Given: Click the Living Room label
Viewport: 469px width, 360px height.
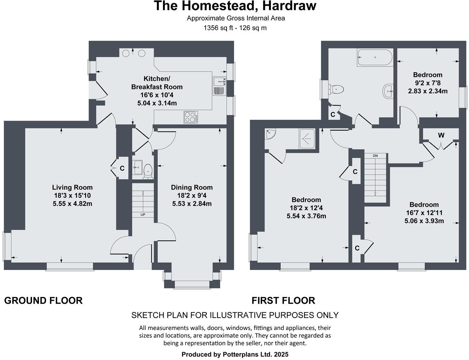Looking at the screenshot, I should coord(72,187).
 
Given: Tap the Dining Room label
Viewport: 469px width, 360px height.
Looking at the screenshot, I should coord(192,187).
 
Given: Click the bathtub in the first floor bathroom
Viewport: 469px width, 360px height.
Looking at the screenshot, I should coord(375,58).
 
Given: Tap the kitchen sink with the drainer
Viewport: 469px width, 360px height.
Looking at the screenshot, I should coord(219,86).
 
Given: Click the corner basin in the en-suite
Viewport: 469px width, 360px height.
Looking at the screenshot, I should coord(271,134).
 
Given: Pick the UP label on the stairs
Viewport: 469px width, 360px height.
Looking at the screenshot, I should coord(143,215).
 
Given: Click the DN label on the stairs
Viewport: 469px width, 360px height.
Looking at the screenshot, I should coord(375,156).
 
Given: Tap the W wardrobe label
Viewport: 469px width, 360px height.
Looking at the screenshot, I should coord(441,135).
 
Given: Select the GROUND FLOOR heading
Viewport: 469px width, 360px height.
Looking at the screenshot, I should coord(43,300).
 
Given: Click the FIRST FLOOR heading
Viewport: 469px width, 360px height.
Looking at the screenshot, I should coord(283,300).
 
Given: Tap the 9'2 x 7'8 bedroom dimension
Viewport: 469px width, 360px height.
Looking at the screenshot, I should coord(427,83).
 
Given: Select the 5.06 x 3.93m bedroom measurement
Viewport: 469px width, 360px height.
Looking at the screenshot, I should coord(424,221).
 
